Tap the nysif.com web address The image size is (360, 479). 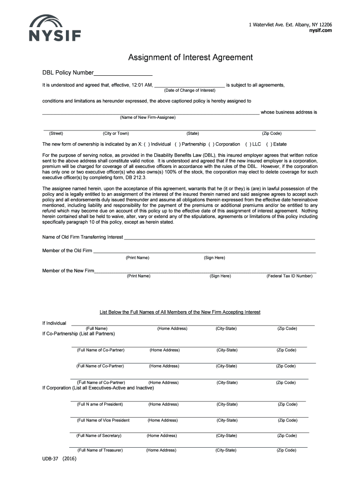coord(320,30)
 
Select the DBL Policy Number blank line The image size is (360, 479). coord(123,73)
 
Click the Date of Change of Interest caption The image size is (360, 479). coord(189,90)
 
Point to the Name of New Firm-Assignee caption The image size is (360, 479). coord(148,117)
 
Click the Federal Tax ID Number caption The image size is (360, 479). coord(289,276)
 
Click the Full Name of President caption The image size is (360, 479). coord(100,404)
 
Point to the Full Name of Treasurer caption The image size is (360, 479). coord(100,450)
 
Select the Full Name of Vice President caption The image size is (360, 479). coord(103,420)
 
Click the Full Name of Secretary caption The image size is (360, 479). coord(99,435)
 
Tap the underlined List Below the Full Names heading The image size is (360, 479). coord(180,312)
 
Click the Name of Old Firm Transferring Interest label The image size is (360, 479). coord(83,237)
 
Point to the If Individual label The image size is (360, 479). coord(54,323)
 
